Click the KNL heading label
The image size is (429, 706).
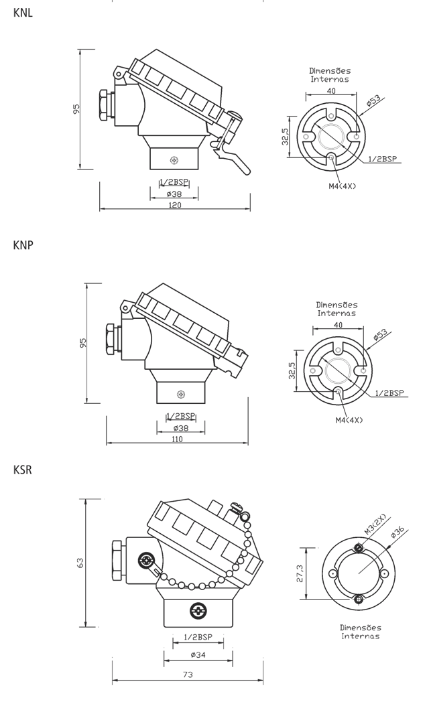[23, 13]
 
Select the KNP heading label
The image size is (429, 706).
[23, 245]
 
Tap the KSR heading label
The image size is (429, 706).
[23, 470]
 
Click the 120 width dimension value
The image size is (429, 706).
[175, 206]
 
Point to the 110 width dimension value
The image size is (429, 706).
[178, 439]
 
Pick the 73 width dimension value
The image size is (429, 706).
[188, 674]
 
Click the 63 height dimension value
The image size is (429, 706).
[80, 563]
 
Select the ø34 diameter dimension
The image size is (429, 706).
[198, 654]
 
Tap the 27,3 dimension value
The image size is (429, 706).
[300, 574]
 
